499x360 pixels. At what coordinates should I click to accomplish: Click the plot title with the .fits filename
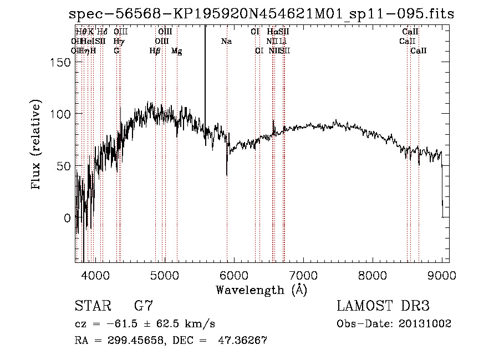pos(261,14)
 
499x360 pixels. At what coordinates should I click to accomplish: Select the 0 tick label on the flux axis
pos(67,218)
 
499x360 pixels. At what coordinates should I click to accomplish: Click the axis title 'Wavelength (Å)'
pos(261,290)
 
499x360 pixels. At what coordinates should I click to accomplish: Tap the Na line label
pos(226,41)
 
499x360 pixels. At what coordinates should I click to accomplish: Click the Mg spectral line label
pos(176,51)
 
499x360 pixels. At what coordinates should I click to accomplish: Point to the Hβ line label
pos(155,51)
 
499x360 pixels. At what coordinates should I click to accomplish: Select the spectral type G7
pos(144,306)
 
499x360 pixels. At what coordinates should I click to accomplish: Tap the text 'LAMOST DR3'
pos(383,306)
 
